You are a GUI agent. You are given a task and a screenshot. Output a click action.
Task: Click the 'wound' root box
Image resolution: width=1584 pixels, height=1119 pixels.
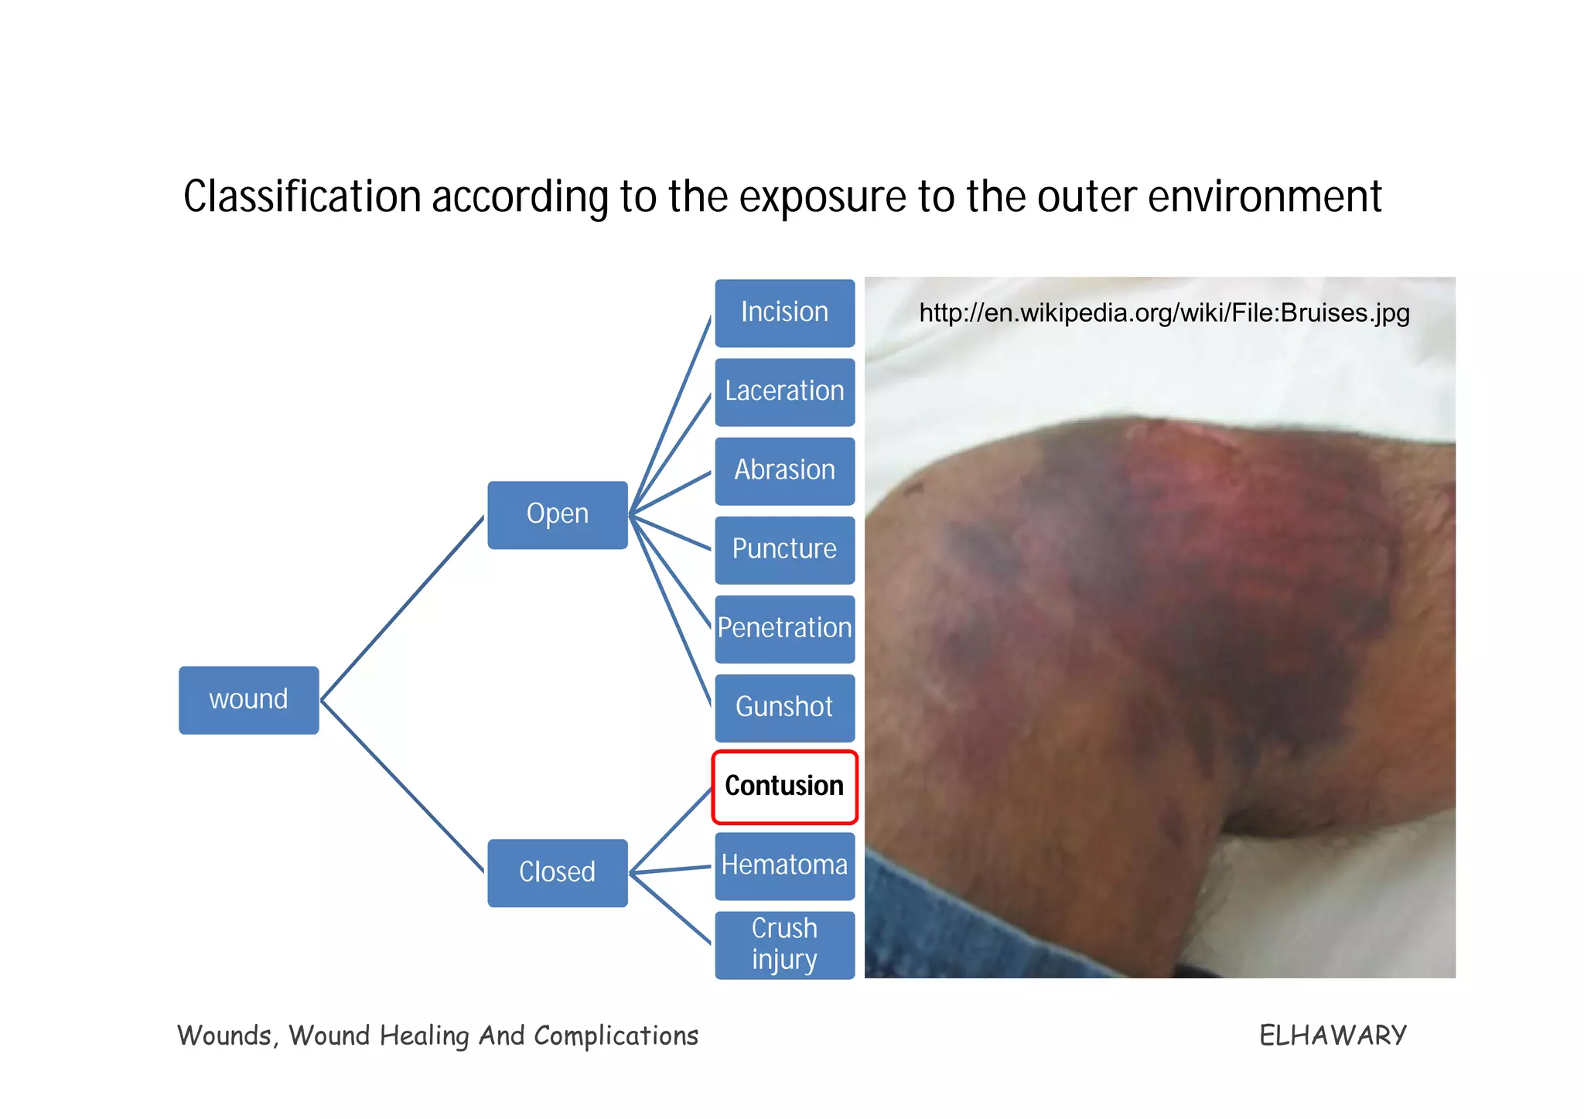pyautogui.click(x=248, y=700)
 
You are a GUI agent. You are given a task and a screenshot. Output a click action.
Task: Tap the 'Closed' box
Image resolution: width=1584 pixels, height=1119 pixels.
pyautogui.click(x=557, y=872)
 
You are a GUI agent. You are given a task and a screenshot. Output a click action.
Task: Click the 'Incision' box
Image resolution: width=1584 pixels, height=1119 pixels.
pyautogui.click(x=784, y=313)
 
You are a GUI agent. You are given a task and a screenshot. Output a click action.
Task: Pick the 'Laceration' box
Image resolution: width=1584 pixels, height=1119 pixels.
pyautogui.click(x=784, y=392)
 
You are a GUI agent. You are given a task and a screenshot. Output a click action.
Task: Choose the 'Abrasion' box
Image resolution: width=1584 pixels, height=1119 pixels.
pyautogui.click(x=784, y=471)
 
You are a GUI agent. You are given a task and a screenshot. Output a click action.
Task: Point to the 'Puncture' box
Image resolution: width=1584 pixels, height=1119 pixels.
pyautogui.click(x=784, y=550)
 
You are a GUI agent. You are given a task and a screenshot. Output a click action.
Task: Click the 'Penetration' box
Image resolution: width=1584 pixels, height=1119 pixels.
pyautogui.click(x=784, y=629)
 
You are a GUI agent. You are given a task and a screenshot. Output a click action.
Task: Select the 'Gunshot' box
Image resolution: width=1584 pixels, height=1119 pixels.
pyautogui.click(x=784, y=708)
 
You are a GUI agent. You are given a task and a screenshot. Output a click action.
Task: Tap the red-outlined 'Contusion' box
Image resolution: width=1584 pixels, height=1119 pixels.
pyautogui.click(x=784, y=786)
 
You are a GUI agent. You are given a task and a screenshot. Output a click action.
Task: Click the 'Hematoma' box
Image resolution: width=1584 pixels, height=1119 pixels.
pyautogui.click(x=784, y=865)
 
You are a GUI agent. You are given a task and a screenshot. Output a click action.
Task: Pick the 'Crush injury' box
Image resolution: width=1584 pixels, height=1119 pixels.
pyautogui.click(x=784, y=944)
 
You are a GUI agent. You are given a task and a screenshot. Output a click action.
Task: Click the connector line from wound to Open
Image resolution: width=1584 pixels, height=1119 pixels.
pyautogui.click(x=402, y=609)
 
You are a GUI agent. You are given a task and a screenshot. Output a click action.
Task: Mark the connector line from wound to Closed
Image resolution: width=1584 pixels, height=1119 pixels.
pyautogui.click(x=402, y=786)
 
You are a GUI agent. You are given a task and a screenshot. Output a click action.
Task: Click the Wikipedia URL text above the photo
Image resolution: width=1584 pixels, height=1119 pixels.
pyautogui.click(x=1164, y=313)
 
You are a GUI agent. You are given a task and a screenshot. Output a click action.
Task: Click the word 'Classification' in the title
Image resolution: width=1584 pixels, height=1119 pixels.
pyautogui.click(x=302, y=197)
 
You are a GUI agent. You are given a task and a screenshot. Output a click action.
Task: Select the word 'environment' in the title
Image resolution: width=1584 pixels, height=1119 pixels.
pyautogui.click(x=1265, y=197)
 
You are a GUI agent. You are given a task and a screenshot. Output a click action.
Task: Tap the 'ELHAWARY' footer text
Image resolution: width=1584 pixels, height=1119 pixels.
pyautogui.click(x=1332, y=1035)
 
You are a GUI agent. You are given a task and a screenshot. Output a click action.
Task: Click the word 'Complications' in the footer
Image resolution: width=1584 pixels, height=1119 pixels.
pyautogui.click(x=616, y=1035)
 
